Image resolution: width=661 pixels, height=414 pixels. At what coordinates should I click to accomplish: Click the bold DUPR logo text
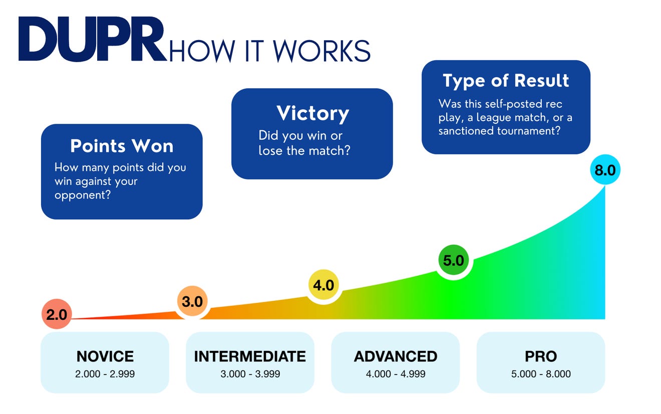click(92, 40)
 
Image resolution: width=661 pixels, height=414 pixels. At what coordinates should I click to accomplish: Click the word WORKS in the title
click(321, 50)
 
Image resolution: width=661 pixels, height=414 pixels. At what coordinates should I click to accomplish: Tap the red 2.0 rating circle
click(57, 315)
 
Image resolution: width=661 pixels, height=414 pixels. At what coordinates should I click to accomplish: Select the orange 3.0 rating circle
click(192, 302)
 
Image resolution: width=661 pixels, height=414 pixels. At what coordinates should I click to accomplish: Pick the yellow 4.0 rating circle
click(323, 285)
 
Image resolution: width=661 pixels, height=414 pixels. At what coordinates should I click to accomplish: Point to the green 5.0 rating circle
click(454, 261)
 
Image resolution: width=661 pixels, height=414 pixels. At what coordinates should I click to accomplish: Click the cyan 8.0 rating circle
click(605, 170)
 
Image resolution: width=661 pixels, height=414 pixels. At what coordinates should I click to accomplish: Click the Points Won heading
click(122, 146)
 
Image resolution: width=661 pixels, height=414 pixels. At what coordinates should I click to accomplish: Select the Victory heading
click(312, 113)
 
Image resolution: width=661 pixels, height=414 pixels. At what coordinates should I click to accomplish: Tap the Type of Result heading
click(506, 81)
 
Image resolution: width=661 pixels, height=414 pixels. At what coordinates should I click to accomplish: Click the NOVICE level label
click(105, 356)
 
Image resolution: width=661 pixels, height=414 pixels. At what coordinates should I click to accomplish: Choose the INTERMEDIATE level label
click(250, 356)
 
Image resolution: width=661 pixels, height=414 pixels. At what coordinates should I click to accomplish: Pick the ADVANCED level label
click(396, 356)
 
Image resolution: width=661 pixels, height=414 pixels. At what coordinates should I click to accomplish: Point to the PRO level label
click(541, 356)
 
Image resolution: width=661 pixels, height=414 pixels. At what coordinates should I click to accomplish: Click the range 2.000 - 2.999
click(105, 374)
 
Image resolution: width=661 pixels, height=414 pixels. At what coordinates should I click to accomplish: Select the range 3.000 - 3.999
click(250, 374)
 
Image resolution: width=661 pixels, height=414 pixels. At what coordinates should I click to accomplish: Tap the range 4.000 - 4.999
click(396, 374)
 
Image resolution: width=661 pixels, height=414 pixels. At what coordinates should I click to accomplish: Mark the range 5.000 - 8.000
click(541, 374)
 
